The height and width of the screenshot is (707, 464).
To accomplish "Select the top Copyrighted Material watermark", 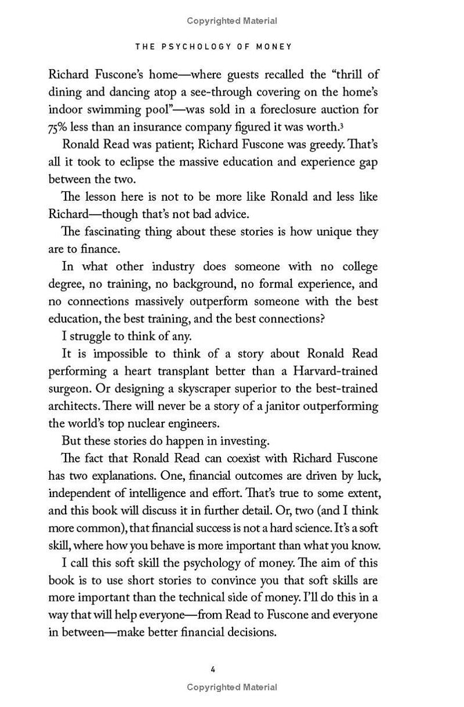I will pyautogui.click(x=232, y=21).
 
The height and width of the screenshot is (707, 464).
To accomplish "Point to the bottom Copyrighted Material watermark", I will pyautogui.click(x=232, y=688).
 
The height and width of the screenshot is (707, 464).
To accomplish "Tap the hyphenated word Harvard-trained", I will pyautogui.click(x=343, y=372).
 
